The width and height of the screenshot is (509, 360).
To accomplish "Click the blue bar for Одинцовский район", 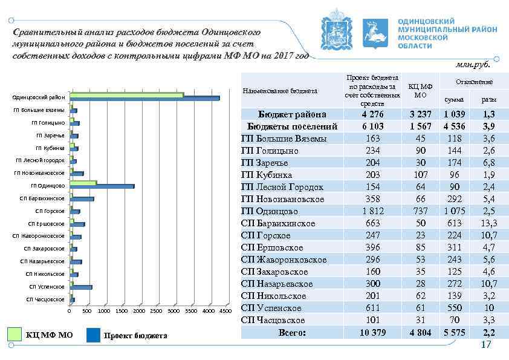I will (x=145, y=97).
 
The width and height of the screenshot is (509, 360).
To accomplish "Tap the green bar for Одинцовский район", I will (x=127, y=94).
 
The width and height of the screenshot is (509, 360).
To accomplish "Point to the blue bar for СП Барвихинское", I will (x=82, y=199).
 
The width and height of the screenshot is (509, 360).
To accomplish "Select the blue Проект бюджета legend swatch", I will (x=94, y=335).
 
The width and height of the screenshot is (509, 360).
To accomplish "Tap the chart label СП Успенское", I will (x=47, y=287).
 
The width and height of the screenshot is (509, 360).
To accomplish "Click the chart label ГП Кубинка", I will (x=50, y=148).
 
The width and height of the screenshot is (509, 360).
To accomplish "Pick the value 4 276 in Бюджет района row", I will (x=372, y=114).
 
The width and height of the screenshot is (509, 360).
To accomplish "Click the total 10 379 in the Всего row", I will (x=372, y=332).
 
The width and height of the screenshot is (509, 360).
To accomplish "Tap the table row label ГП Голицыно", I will (x=270, y=151).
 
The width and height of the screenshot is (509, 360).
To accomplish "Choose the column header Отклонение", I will (x=475, y=82).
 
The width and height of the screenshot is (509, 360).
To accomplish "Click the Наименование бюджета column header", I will (x=280, y=91).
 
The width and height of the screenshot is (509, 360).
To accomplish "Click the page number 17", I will (x=486, y=345).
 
